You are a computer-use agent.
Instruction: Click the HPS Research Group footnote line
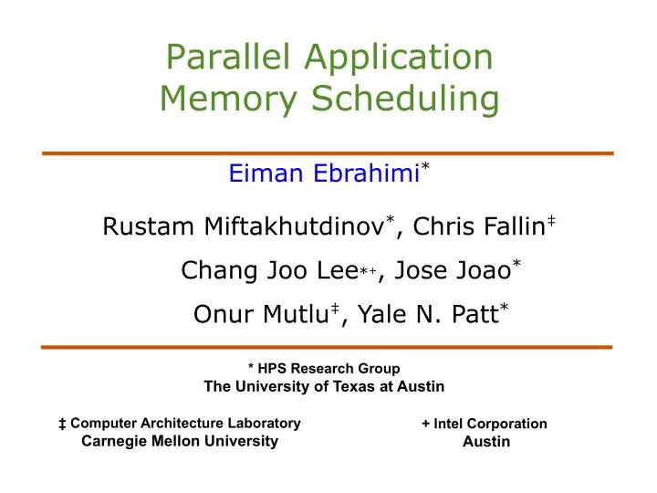(324, 368)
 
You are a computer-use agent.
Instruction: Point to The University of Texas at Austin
(324, 386)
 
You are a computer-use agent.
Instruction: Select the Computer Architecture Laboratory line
(179, 423)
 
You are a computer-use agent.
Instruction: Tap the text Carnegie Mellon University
(180, 441)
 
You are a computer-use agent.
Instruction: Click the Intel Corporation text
(485, 424)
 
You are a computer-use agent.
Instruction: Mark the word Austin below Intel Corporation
(486, 442)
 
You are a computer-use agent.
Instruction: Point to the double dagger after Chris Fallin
(551, 219)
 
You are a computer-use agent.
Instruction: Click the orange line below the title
(328, 153)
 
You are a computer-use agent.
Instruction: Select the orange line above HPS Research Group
(328, 348)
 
